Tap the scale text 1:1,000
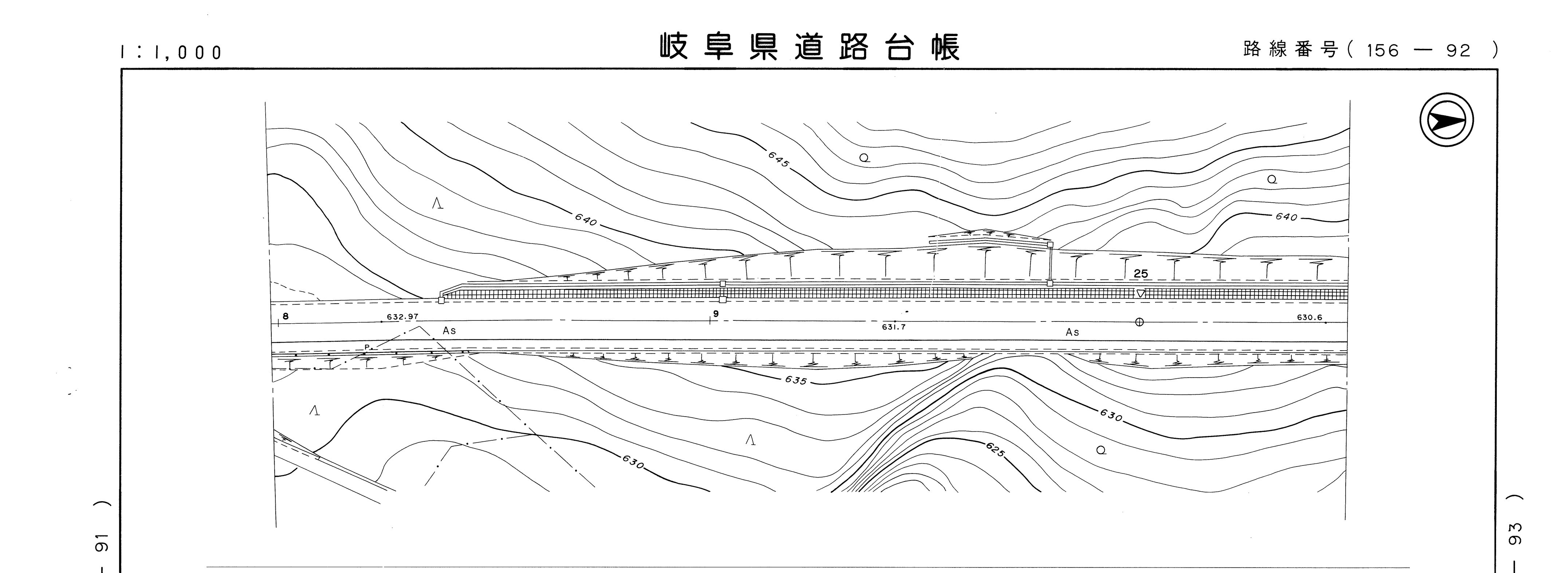point(172,52)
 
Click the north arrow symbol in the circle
point(1447,120)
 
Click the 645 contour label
point(778,159)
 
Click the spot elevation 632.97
point(403,317)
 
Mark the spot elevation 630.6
point(1310,317)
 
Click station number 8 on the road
point(285,316)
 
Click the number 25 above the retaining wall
point(1141,274)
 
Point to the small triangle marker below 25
point(1141,293)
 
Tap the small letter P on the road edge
point(366,347)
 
